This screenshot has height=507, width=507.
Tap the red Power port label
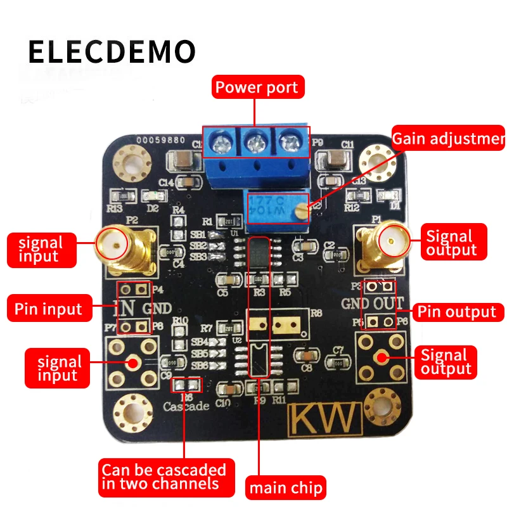256,87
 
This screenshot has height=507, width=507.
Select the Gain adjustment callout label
448,139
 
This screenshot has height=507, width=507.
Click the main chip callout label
285,489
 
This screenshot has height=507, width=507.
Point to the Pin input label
48,309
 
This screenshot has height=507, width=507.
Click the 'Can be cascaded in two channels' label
163,477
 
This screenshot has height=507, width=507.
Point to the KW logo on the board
324,419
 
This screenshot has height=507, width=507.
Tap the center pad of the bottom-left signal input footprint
133,363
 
